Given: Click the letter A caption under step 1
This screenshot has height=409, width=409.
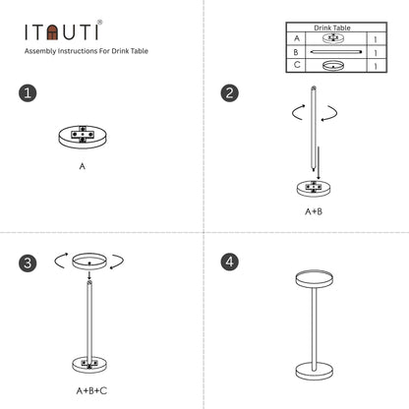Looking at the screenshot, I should (x=83, y=167).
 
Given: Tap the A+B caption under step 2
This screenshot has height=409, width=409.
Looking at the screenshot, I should (x=313, y=210).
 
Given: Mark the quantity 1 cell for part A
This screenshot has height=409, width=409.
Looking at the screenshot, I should (x=376, y=39).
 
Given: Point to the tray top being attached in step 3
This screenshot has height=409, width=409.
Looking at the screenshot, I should (x=89, y=261).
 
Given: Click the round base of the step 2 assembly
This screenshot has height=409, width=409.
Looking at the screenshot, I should (x=313, y=189).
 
